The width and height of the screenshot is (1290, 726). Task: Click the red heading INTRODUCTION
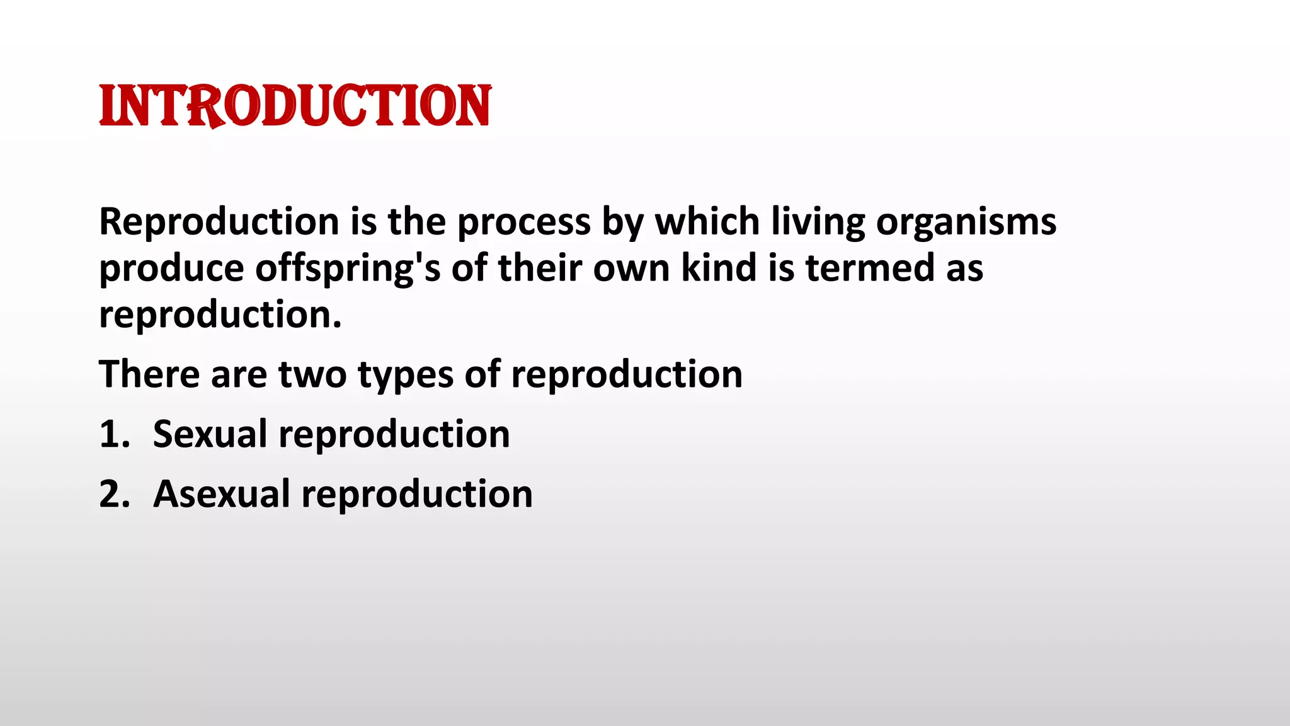point(295,106)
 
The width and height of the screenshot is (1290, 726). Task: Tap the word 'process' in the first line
point(523,222)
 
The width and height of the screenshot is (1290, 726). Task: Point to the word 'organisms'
point(966,222)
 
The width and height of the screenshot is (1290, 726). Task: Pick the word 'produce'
point(171,269)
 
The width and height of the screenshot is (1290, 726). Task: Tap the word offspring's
point(348,269)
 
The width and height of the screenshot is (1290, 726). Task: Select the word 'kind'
point(719,268)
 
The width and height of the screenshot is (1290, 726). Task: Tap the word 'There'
point(149,374)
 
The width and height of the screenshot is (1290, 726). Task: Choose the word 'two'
point(312,375)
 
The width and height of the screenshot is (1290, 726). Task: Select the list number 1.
point(113,435)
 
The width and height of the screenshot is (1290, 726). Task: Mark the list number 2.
point(114,494)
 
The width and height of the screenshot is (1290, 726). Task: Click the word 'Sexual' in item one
point(210,434)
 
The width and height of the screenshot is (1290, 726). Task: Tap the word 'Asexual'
point(221,493)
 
